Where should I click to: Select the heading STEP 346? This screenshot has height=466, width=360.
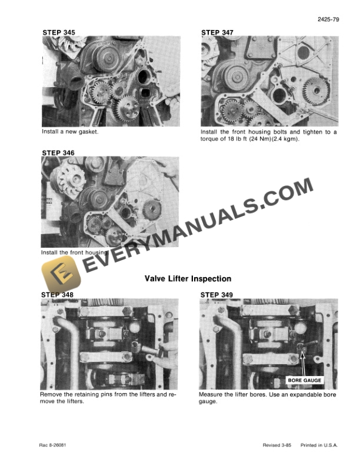(58, 152)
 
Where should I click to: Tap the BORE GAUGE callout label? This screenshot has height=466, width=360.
(305, 381)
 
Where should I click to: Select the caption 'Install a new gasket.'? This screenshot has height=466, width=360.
(69, 132)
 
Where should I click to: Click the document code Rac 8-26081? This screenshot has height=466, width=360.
(53, 445)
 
